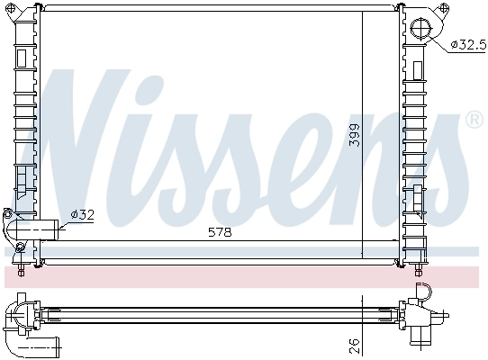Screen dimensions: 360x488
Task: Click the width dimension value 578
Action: (220, 231)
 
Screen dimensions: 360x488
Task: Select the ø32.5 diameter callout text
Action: (466, 43)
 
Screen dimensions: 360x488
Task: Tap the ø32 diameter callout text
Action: (83, 213)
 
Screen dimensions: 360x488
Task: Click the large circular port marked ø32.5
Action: (421, 31)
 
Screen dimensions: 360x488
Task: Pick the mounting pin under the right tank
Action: (420, 267)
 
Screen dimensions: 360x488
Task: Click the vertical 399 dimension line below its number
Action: (362, 207)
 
